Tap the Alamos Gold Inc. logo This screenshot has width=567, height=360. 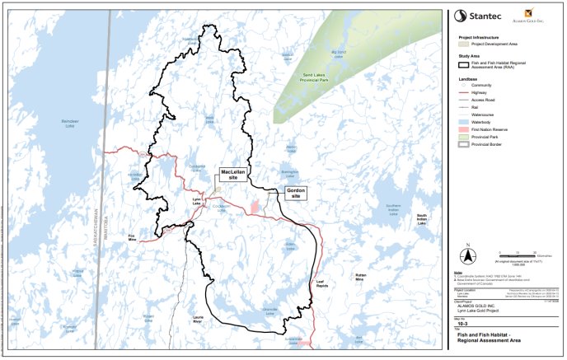tap(537, 16)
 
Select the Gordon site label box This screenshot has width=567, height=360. tap(294, 194)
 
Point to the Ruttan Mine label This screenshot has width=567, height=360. tap(360, 278)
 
